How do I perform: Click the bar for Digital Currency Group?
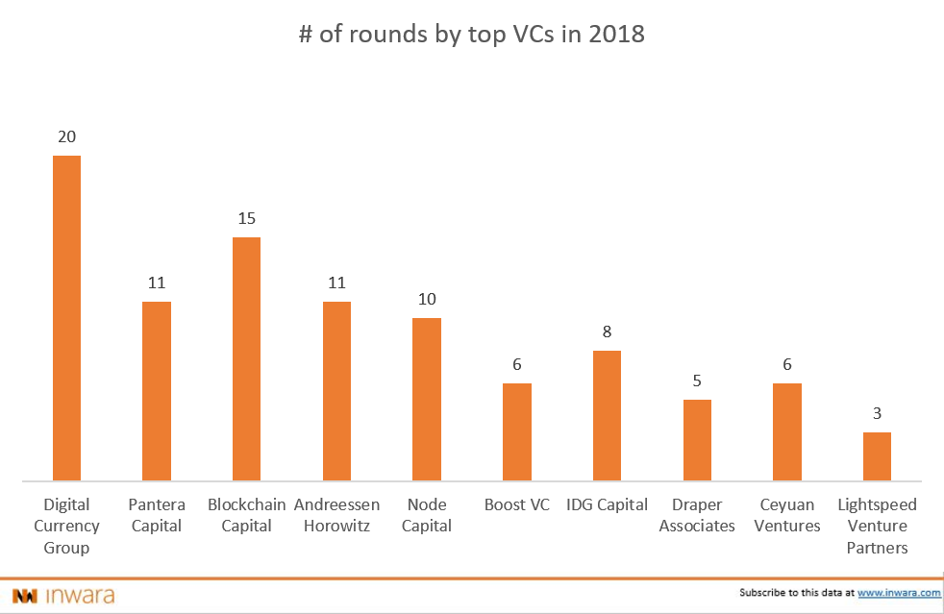point(66,317)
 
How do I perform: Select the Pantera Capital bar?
point(157,390)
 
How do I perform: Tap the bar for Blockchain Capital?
point(246,358)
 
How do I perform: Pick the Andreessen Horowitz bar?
point(336,390)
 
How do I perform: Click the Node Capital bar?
point(427,399)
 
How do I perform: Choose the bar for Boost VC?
point(517,431)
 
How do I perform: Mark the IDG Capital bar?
point(607,415)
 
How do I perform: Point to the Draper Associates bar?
point(697,439)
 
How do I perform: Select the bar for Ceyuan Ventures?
point(787,431)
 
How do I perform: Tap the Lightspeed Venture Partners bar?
point(877,455)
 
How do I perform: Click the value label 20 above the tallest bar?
point(66,137)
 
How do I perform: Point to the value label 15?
point(246,219)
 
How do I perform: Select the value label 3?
point(877,414)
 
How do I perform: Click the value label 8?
point(607,332)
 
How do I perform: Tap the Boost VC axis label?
point(517,504)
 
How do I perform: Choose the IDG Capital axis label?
point(607,504)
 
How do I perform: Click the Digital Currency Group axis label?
point(66,526)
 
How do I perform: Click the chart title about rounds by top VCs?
point(471,36)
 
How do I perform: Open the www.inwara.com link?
point(899,594)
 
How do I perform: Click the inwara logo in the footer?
point(63,595)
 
